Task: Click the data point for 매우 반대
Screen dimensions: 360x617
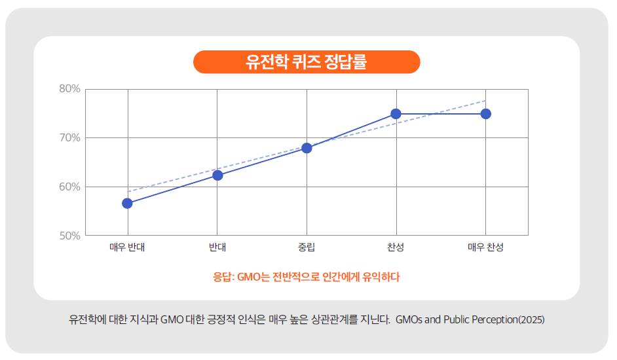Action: pos(127,203)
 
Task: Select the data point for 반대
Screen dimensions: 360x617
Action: pos(217,175)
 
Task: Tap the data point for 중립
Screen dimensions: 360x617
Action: pos(307,148)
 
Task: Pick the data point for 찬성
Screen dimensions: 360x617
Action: pos(396,114)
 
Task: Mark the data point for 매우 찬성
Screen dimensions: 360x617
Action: pos(485,114)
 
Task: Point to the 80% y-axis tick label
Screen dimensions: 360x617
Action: pos(69,89)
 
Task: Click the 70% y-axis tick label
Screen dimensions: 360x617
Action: pos(69,138)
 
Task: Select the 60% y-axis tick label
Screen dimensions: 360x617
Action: pos(69,187)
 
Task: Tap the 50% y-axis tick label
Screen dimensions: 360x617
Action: pos(69,236)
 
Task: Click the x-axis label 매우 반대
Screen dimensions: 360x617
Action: pos(127,247)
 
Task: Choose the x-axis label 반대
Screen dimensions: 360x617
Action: pos(217,247)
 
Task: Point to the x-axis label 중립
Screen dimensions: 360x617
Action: pos(307,247)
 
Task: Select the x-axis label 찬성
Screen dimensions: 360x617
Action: pos(396,247)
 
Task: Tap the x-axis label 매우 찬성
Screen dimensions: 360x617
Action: pos(485,247)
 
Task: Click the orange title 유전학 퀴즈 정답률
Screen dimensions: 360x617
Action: pos(307,62)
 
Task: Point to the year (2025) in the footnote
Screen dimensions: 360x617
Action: pos(531,320)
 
